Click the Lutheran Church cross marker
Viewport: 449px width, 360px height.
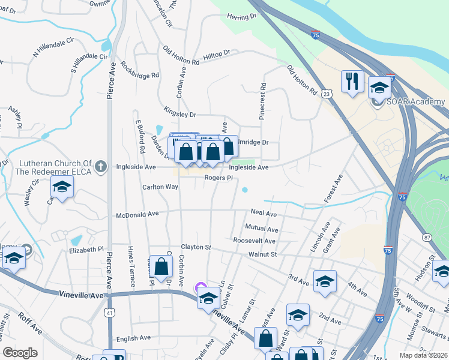[101, 166]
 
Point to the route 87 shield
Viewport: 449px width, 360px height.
[427, 238]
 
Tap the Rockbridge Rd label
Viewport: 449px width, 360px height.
[139, 70]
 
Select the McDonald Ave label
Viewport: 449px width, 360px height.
[137, 213]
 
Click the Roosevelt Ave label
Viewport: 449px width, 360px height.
[254, 241]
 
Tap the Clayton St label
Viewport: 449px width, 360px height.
[196, 247]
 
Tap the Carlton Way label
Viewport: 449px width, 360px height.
[160, 187]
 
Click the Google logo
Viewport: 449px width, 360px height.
[20, 353]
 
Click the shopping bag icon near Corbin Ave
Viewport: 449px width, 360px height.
[161, 267]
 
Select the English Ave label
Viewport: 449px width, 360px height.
[133, 338]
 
